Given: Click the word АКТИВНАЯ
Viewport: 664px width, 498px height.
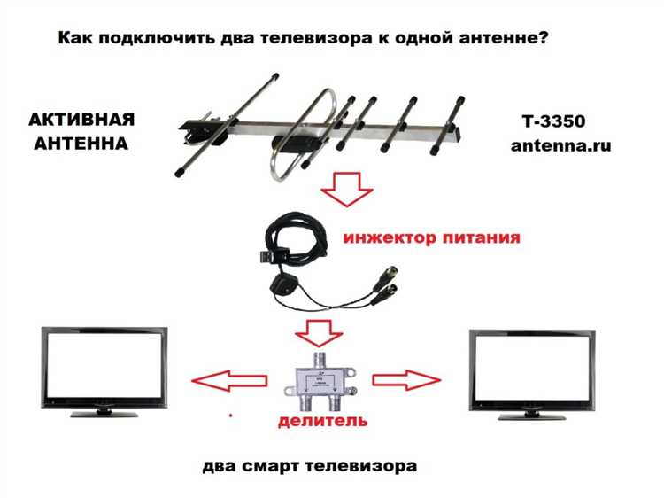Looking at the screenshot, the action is (81, 120).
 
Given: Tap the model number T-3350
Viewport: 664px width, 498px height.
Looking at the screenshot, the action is (554, 121).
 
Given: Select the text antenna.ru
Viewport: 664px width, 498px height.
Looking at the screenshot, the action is (560, 145).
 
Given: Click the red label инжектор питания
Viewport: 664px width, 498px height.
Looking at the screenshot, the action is (431, 237).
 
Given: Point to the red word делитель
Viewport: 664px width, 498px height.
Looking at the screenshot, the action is (322, 420).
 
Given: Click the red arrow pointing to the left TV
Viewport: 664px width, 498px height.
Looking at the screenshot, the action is (229, 381).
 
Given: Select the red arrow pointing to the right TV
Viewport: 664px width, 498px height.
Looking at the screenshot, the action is (406, 380).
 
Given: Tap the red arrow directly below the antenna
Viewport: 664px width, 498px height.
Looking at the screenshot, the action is (347, 189).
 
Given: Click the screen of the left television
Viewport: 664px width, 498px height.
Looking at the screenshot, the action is (104, 365).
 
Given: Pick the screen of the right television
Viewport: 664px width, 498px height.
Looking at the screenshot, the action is (532, 368).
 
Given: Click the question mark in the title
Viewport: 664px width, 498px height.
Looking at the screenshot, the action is (543, 37).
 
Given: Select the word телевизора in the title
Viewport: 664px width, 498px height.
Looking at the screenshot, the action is (313, 38).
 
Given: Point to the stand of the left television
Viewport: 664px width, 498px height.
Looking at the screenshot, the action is (104, 413).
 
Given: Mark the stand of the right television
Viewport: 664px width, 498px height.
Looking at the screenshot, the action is (532, 416).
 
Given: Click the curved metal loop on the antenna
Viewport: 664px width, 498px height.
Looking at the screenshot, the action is (304, 135).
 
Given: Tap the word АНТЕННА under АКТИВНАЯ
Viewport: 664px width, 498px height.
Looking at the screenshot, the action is (81, 144).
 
